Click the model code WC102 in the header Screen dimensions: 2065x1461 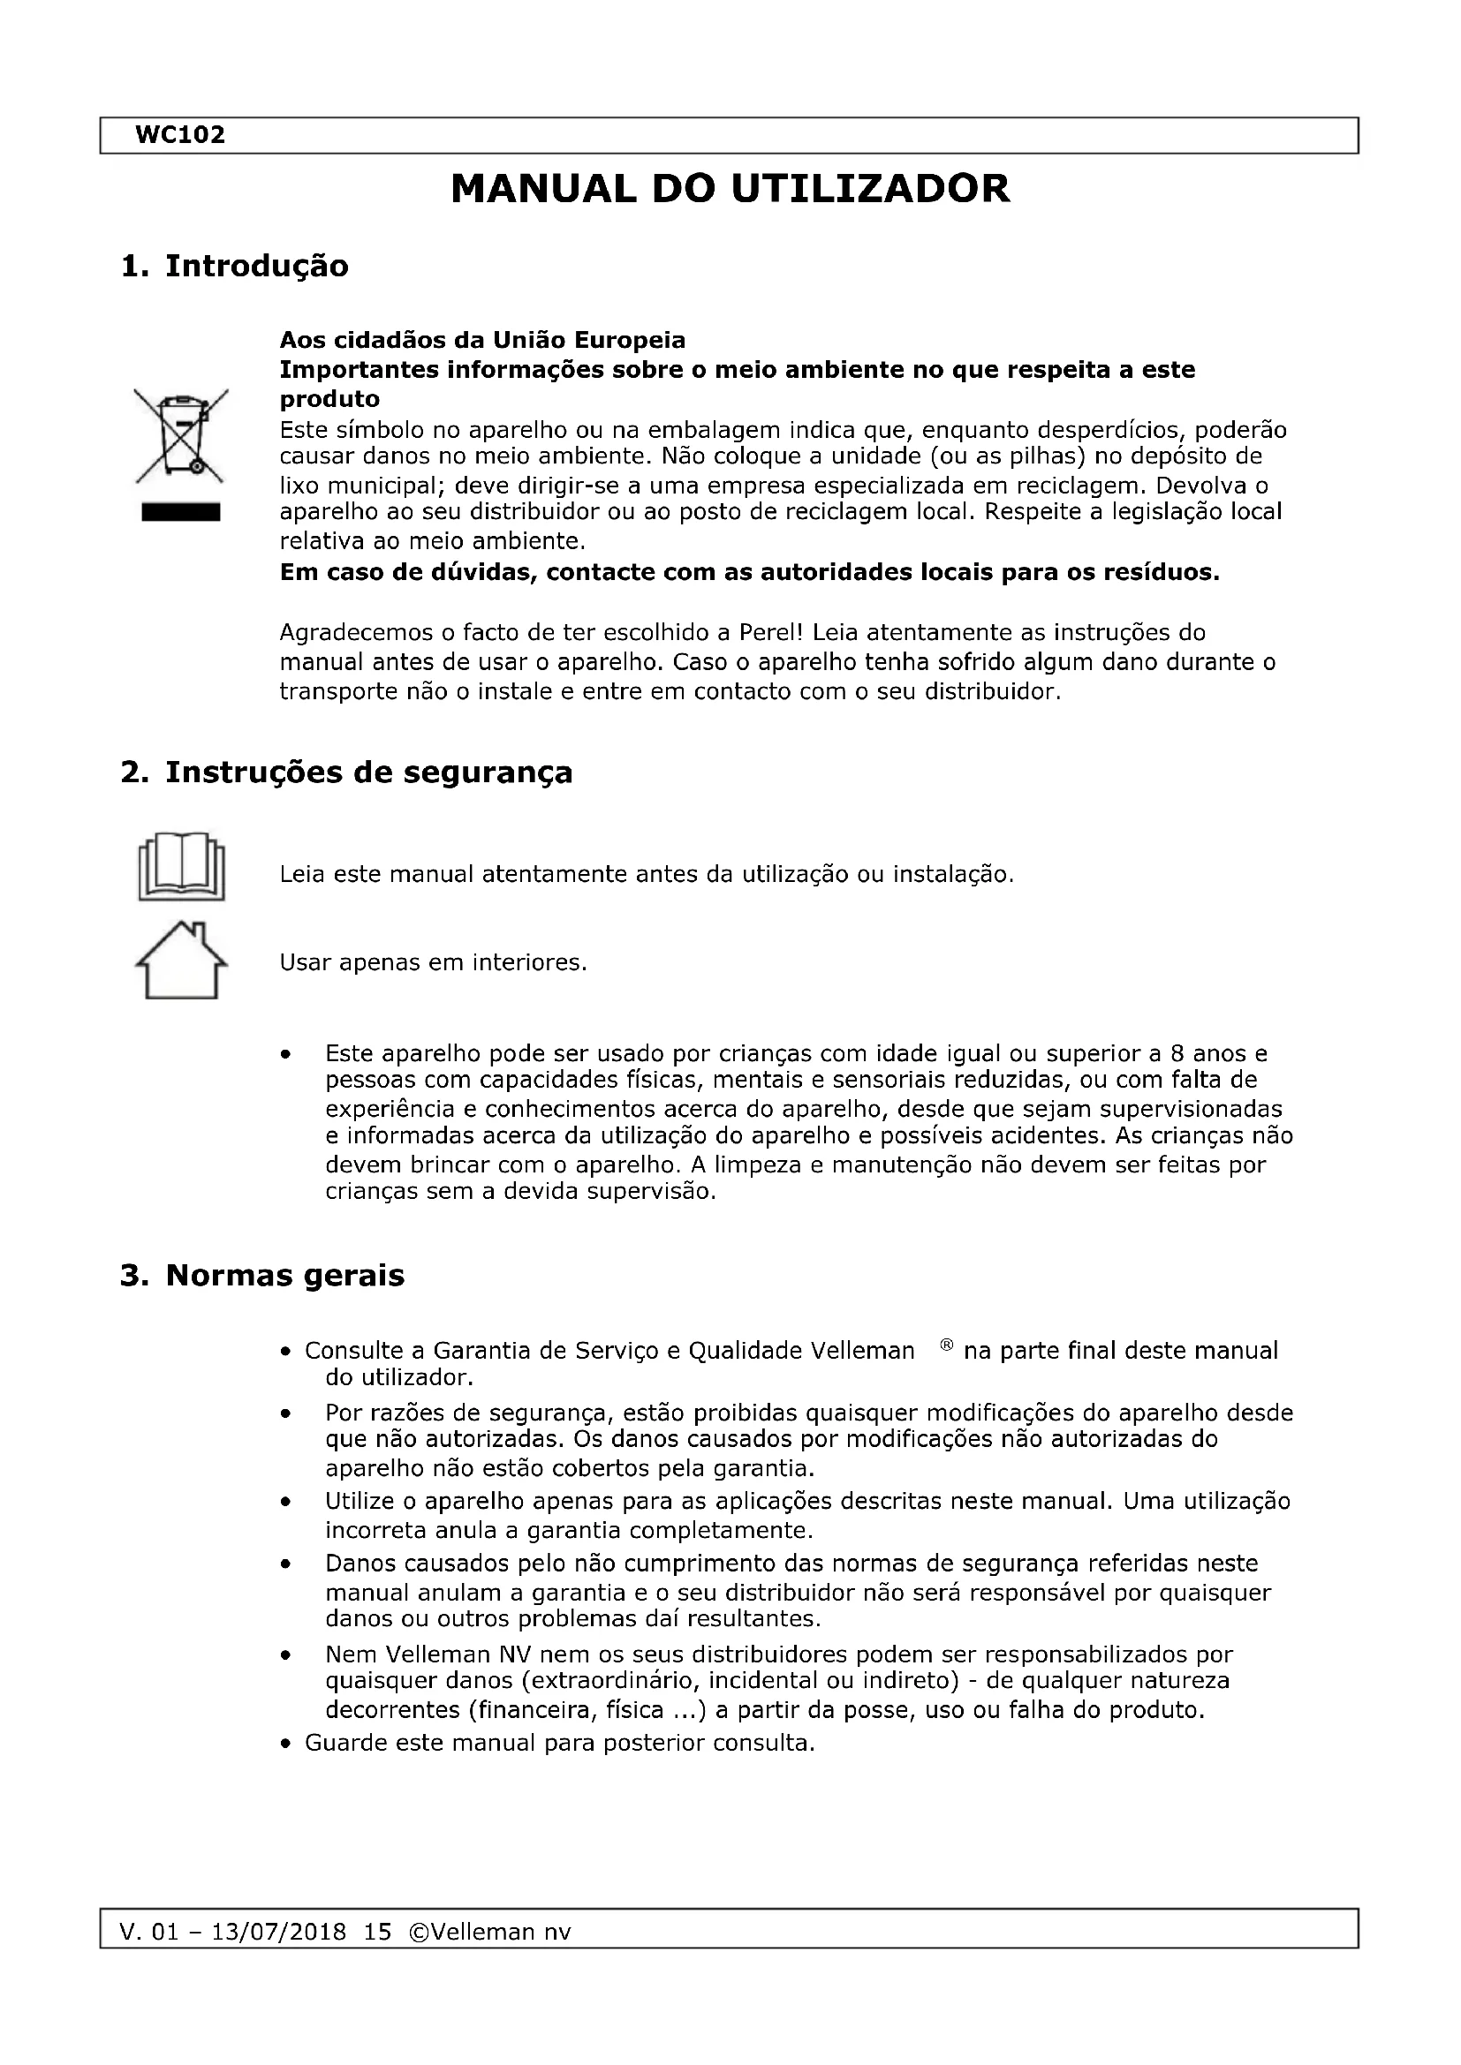180,136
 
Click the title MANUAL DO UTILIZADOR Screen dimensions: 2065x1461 730,190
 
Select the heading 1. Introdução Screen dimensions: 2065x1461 235,267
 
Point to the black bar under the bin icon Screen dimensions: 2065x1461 181,513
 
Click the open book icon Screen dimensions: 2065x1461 181,867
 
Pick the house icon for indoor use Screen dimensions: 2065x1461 181,961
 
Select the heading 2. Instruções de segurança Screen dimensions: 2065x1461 346,772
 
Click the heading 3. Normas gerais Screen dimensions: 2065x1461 261,1276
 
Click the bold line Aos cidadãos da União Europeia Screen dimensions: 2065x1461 482,340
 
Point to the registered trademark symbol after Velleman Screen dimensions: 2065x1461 945,1346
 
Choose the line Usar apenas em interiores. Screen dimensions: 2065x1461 433,963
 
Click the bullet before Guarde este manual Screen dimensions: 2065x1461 285,1744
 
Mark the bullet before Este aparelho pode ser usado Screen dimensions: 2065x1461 285,1054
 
